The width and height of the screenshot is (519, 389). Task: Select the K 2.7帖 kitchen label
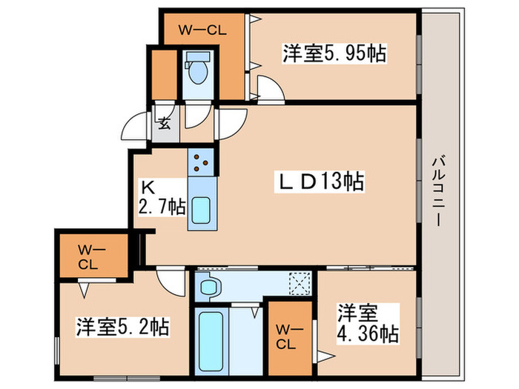coord(161,198)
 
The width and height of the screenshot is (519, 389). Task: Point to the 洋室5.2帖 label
coord(122,326)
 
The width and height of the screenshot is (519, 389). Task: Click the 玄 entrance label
coord(164,124)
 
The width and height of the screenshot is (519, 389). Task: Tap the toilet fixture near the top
coord(197,71)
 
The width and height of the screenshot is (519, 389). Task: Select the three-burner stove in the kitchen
coord(201,161)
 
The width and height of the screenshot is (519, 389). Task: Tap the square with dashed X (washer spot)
coord(300,284)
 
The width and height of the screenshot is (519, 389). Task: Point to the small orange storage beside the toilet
coord(163,74)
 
